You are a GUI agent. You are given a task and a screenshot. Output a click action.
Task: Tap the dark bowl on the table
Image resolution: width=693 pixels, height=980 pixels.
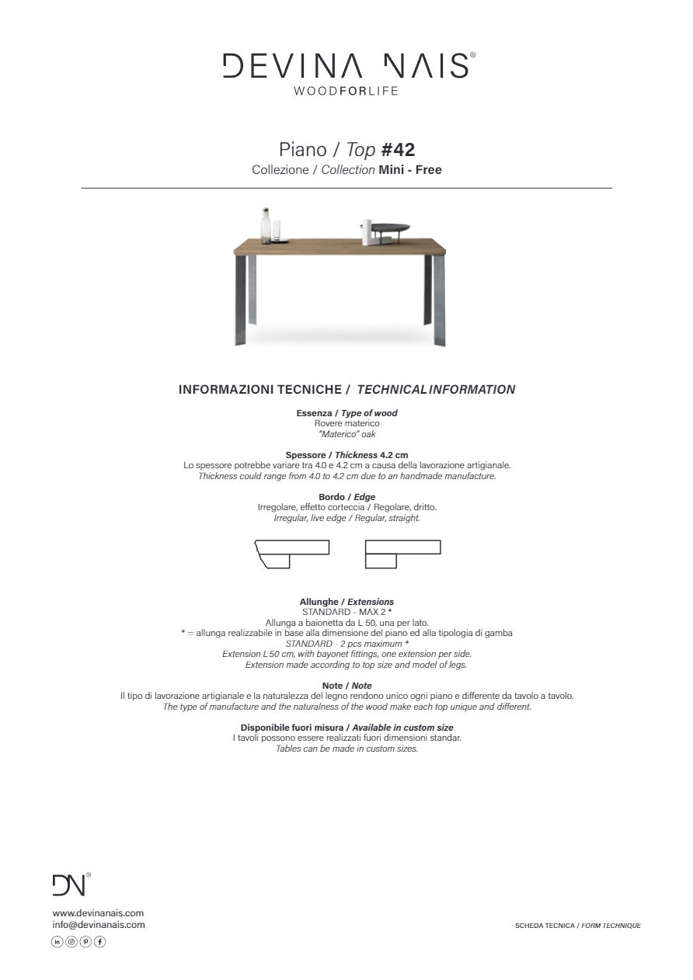389,228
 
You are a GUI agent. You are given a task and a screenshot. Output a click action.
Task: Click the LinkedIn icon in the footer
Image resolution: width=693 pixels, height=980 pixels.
57,942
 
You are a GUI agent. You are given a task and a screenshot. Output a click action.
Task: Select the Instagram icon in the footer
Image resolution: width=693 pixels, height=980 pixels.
71,942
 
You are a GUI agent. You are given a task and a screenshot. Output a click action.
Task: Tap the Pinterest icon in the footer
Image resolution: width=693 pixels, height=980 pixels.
85,942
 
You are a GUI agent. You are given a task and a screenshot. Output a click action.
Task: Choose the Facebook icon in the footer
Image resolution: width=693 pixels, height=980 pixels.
99,942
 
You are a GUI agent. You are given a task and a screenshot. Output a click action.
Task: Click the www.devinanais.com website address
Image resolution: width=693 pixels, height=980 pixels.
98,913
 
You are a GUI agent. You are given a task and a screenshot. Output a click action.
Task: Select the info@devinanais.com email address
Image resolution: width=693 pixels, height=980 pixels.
99,925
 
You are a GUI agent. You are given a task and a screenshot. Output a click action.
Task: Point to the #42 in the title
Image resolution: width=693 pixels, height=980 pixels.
398,149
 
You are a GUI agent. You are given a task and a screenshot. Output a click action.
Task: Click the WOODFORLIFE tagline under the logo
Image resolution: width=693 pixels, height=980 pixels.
346,91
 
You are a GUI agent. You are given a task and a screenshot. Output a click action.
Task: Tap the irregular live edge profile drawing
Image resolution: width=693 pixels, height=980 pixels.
291,554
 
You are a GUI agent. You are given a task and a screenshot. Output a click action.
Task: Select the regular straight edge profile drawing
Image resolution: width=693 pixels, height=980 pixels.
402,554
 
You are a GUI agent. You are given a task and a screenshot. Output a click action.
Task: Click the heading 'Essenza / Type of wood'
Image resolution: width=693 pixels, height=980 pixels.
346,413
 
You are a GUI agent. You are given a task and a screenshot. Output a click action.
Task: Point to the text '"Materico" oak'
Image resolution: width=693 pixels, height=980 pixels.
346,434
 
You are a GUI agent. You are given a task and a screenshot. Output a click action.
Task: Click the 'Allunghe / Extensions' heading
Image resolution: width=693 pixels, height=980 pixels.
346,602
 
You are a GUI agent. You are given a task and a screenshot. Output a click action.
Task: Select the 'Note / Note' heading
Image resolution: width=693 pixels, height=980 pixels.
346,686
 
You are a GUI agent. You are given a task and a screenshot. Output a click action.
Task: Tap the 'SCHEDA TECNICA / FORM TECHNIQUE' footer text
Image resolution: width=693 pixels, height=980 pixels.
577,926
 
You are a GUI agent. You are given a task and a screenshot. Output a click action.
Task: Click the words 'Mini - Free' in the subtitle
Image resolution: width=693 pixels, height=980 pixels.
410,169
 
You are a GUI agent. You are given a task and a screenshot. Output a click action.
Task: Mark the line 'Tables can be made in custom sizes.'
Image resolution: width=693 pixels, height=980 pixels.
346,749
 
